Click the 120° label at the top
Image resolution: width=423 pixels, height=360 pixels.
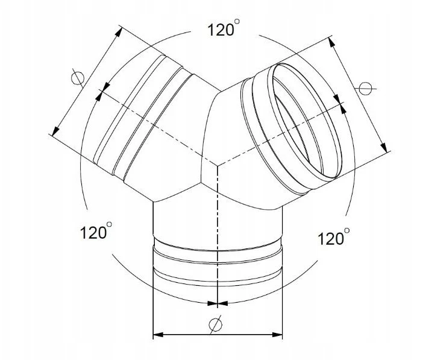(223, 28)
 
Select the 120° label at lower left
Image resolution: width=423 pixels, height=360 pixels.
(96, 231)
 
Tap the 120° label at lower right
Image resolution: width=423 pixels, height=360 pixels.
(334, 237)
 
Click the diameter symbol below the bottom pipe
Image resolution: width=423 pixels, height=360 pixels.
(215, 324)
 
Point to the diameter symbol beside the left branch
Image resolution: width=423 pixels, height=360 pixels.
(78, 78)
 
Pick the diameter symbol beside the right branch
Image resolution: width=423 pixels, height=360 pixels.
(365, 88)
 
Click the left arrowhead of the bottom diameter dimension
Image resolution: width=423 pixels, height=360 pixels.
(158, 335)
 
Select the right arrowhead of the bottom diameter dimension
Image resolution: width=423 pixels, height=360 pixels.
(277, 335)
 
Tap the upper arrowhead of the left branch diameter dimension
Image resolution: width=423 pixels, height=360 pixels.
(118, 32)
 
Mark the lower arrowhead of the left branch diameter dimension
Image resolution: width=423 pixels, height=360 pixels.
(55, 131)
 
